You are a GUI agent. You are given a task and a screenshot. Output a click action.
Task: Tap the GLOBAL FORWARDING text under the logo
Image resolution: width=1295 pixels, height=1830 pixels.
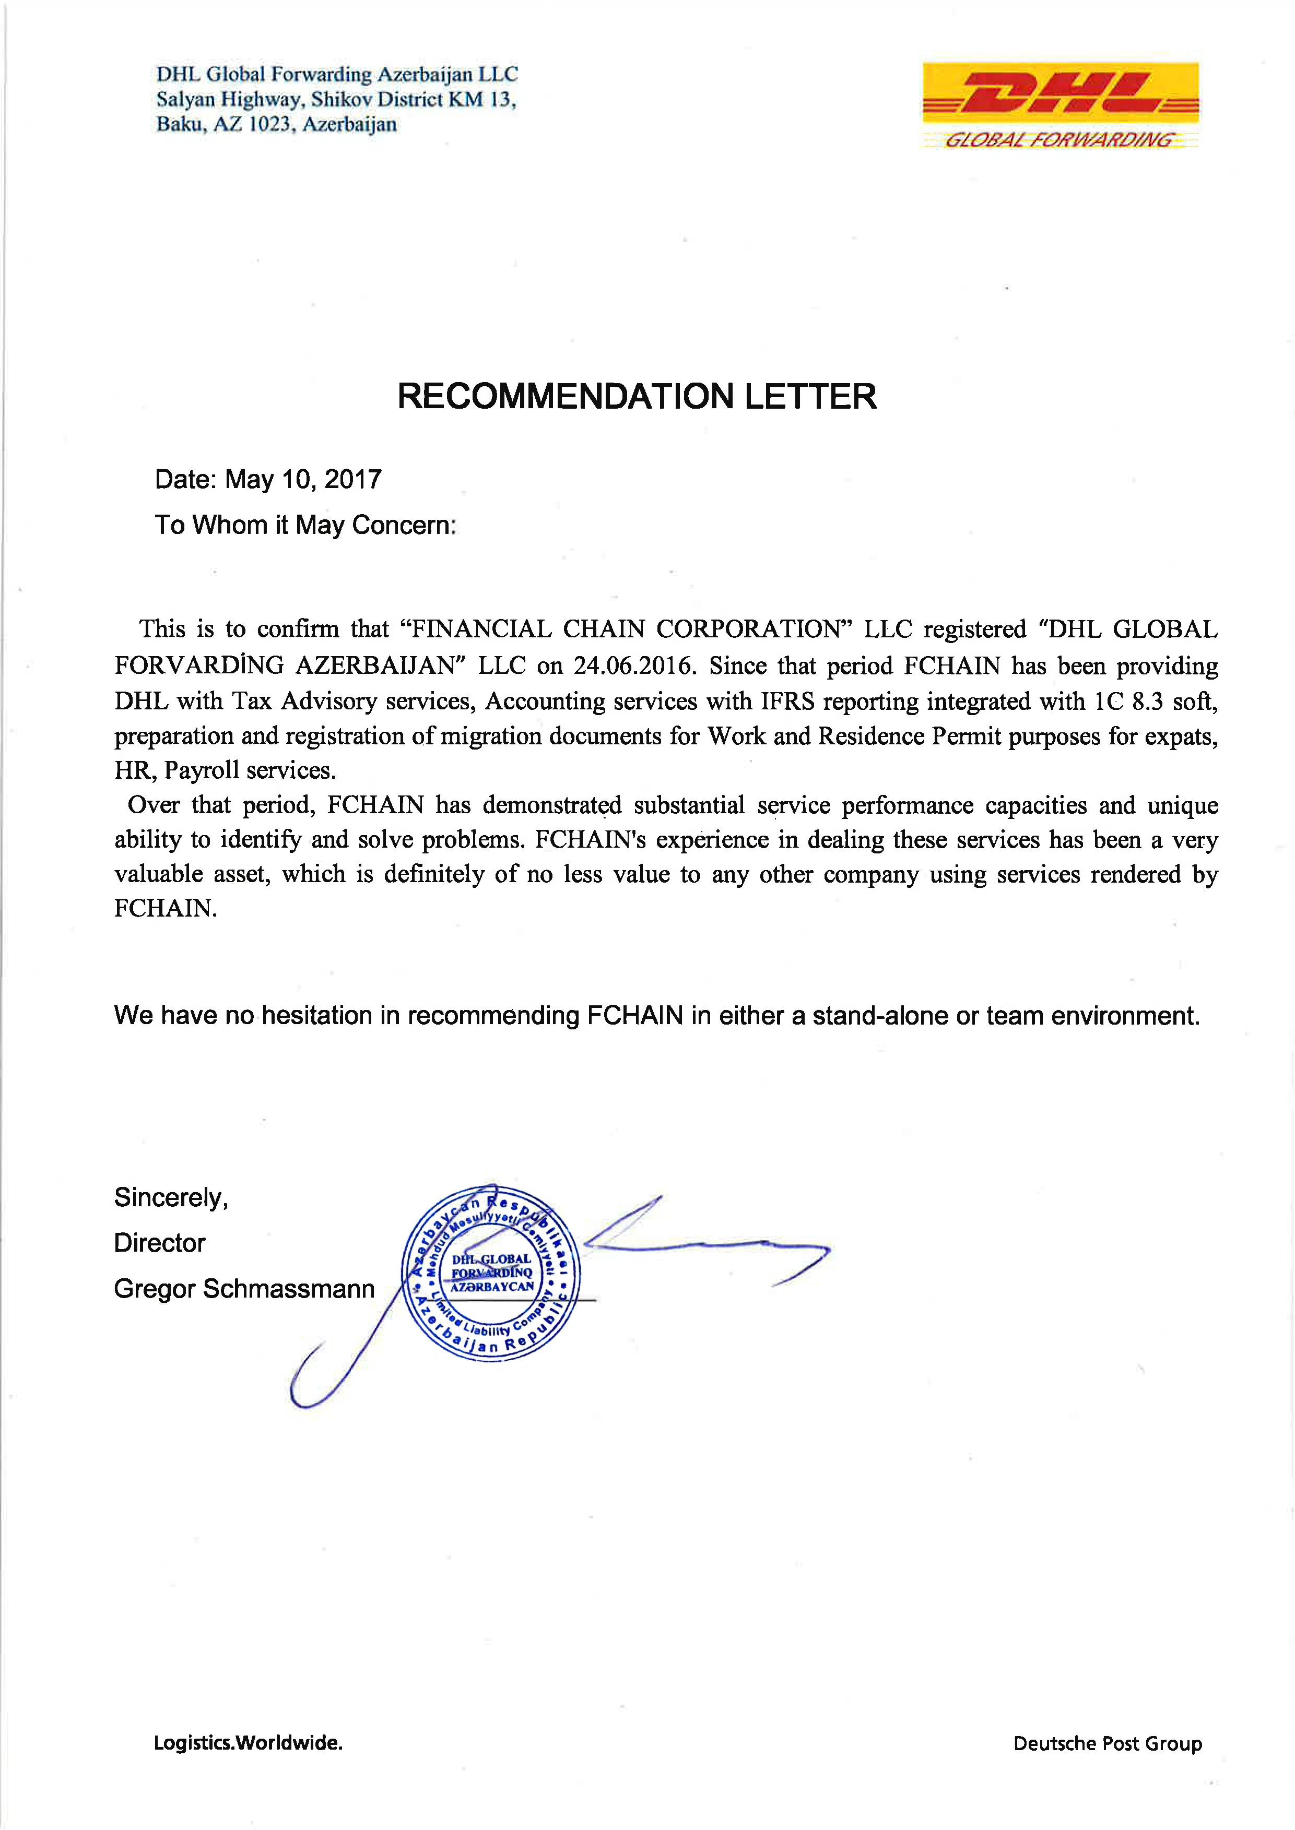[x=1059, y=140]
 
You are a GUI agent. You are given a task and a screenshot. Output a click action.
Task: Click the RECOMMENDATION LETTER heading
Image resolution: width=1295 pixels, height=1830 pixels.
[x=637, y=396]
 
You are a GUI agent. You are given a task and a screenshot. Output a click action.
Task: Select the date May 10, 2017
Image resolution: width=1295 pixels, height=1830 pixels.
[x=303, y=479]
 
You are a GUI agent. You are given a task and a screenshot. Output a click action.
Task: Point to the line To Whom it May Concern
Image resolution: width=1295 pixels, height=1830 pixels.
[x=305, y=525]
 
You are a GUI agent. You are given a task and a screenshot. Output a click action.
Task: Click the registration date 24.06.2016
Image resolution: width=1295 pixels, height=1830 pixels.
[x=634, y=666]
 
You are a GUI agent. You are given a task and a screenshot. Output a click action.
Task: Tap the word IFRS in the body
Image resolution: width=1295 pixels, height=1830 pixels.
[x=787, y=702]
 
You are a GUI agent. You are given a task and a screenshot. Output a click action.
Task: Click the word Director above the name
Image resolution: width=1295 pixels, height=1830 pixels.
[x=159, y=1243]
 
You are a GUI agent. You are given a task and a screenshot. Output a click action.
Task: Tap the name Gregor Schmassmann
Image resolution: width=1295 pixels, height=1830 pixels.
[x=244, y=1289]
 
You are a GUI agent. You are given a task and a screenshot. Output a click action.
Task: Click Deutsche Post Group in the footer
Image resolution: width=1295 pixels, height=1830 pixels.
[x=1107, y=1743]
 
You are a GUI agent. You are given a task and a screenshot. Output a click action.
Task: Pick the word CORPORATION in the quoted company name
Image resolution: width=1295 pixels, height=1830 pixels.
[x=749, y=629]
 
